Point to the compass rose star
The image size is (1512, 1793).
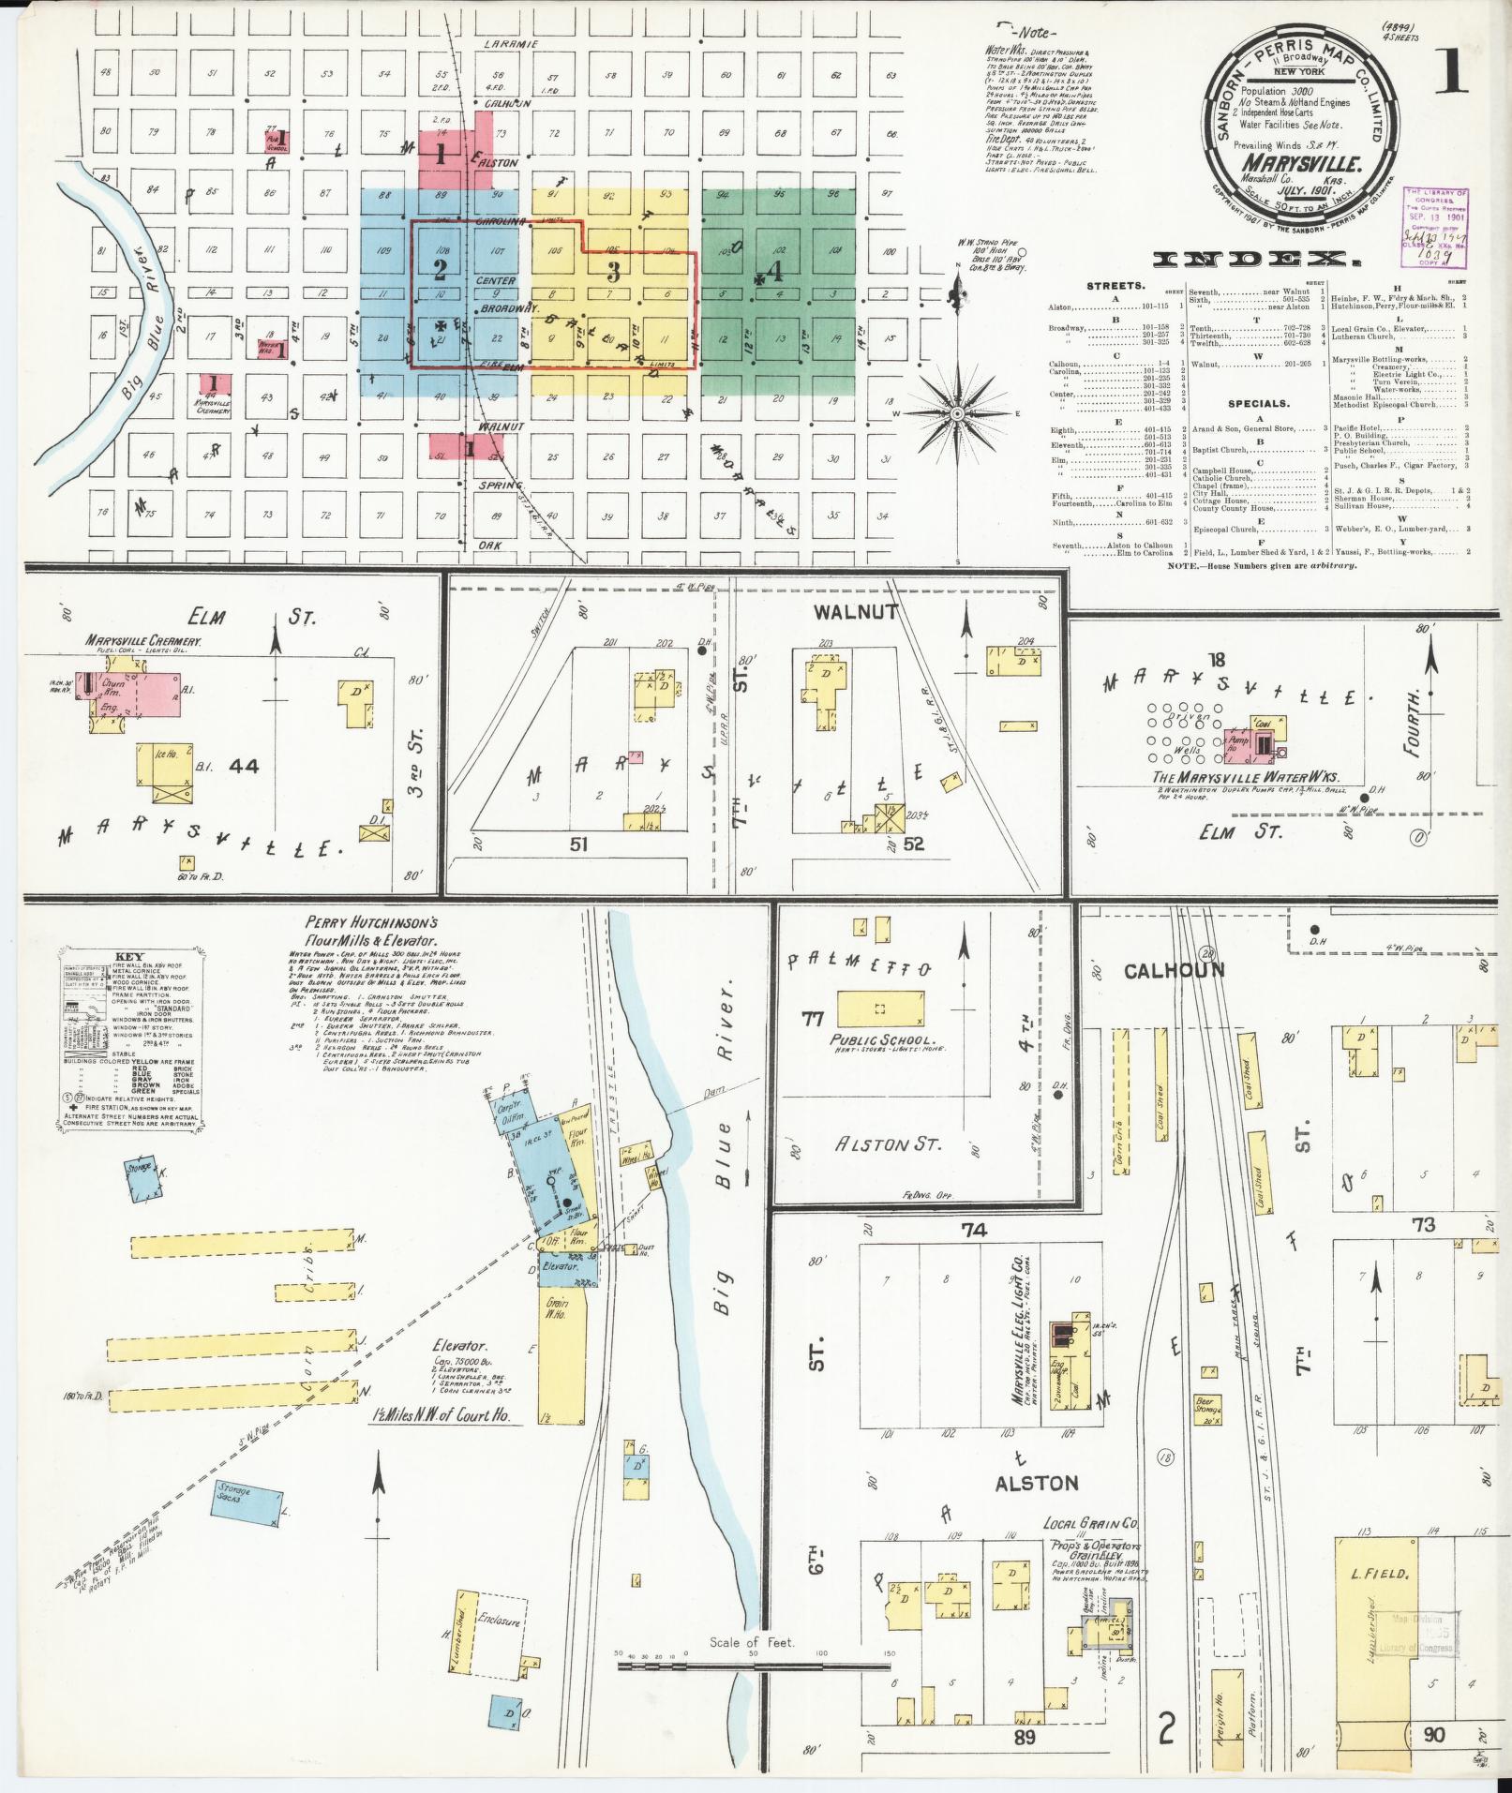click(x=957, y=412)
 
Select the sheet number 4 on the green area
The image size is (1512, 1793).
click(x=773, y=273)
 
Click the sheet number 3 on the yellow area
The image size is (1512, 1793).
click(x=613, y=273)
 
